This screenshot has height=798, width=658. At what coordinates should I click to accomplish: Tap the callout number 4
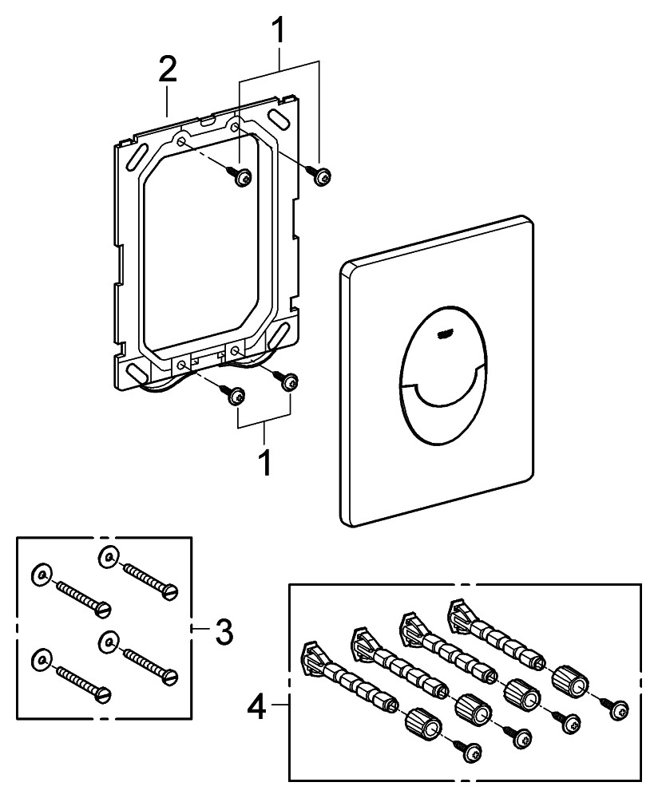[x=256, y=705]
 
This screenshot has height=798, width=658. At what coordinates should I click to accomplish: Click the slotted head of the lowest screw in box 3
[x=101, y=693]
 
